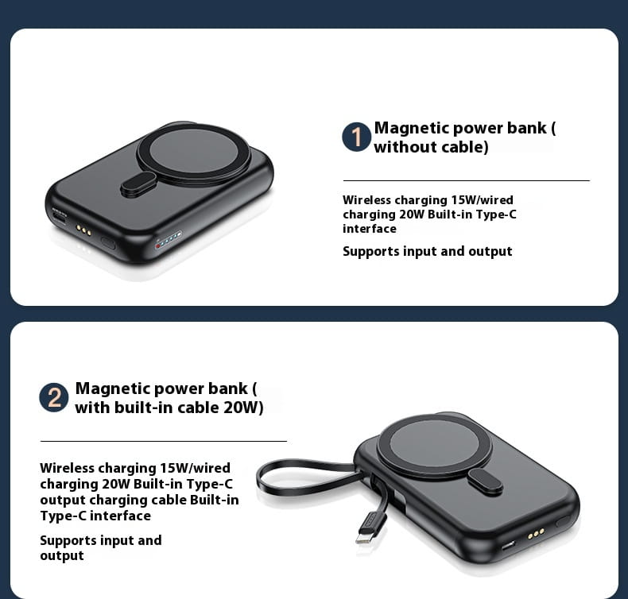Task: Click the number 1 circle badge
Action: tap(356, 137)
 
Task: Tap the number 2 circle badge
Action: tap(54, 397)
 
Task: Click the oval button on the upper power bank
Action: tap(138, 184)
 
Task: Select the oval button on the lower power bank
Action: tap(485, 481)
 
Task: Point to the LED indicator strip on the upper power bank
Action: tap(169, 239)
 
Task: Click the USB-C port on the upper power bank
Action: tap(60, 217)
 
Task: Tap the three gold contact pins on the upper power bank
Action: tap(83, 230)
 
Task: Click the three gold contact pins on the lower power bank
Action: tap(536, 533)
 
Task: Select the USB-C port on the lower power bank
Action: tap(508, 546)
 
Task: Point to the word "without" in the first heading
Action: tap(399, 147)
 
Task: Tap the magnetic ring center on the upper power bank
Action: tap(194, 152)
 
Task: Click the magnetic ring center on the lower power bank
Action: tap(434, 446)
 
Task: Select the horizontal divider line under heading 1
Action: tap(467, 180)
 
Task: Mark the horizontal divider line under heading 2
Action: tap(164, 441)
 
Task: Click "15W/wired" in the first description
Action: tap(483, 199)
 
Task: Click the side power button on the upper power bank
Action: tap(108, 243)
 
